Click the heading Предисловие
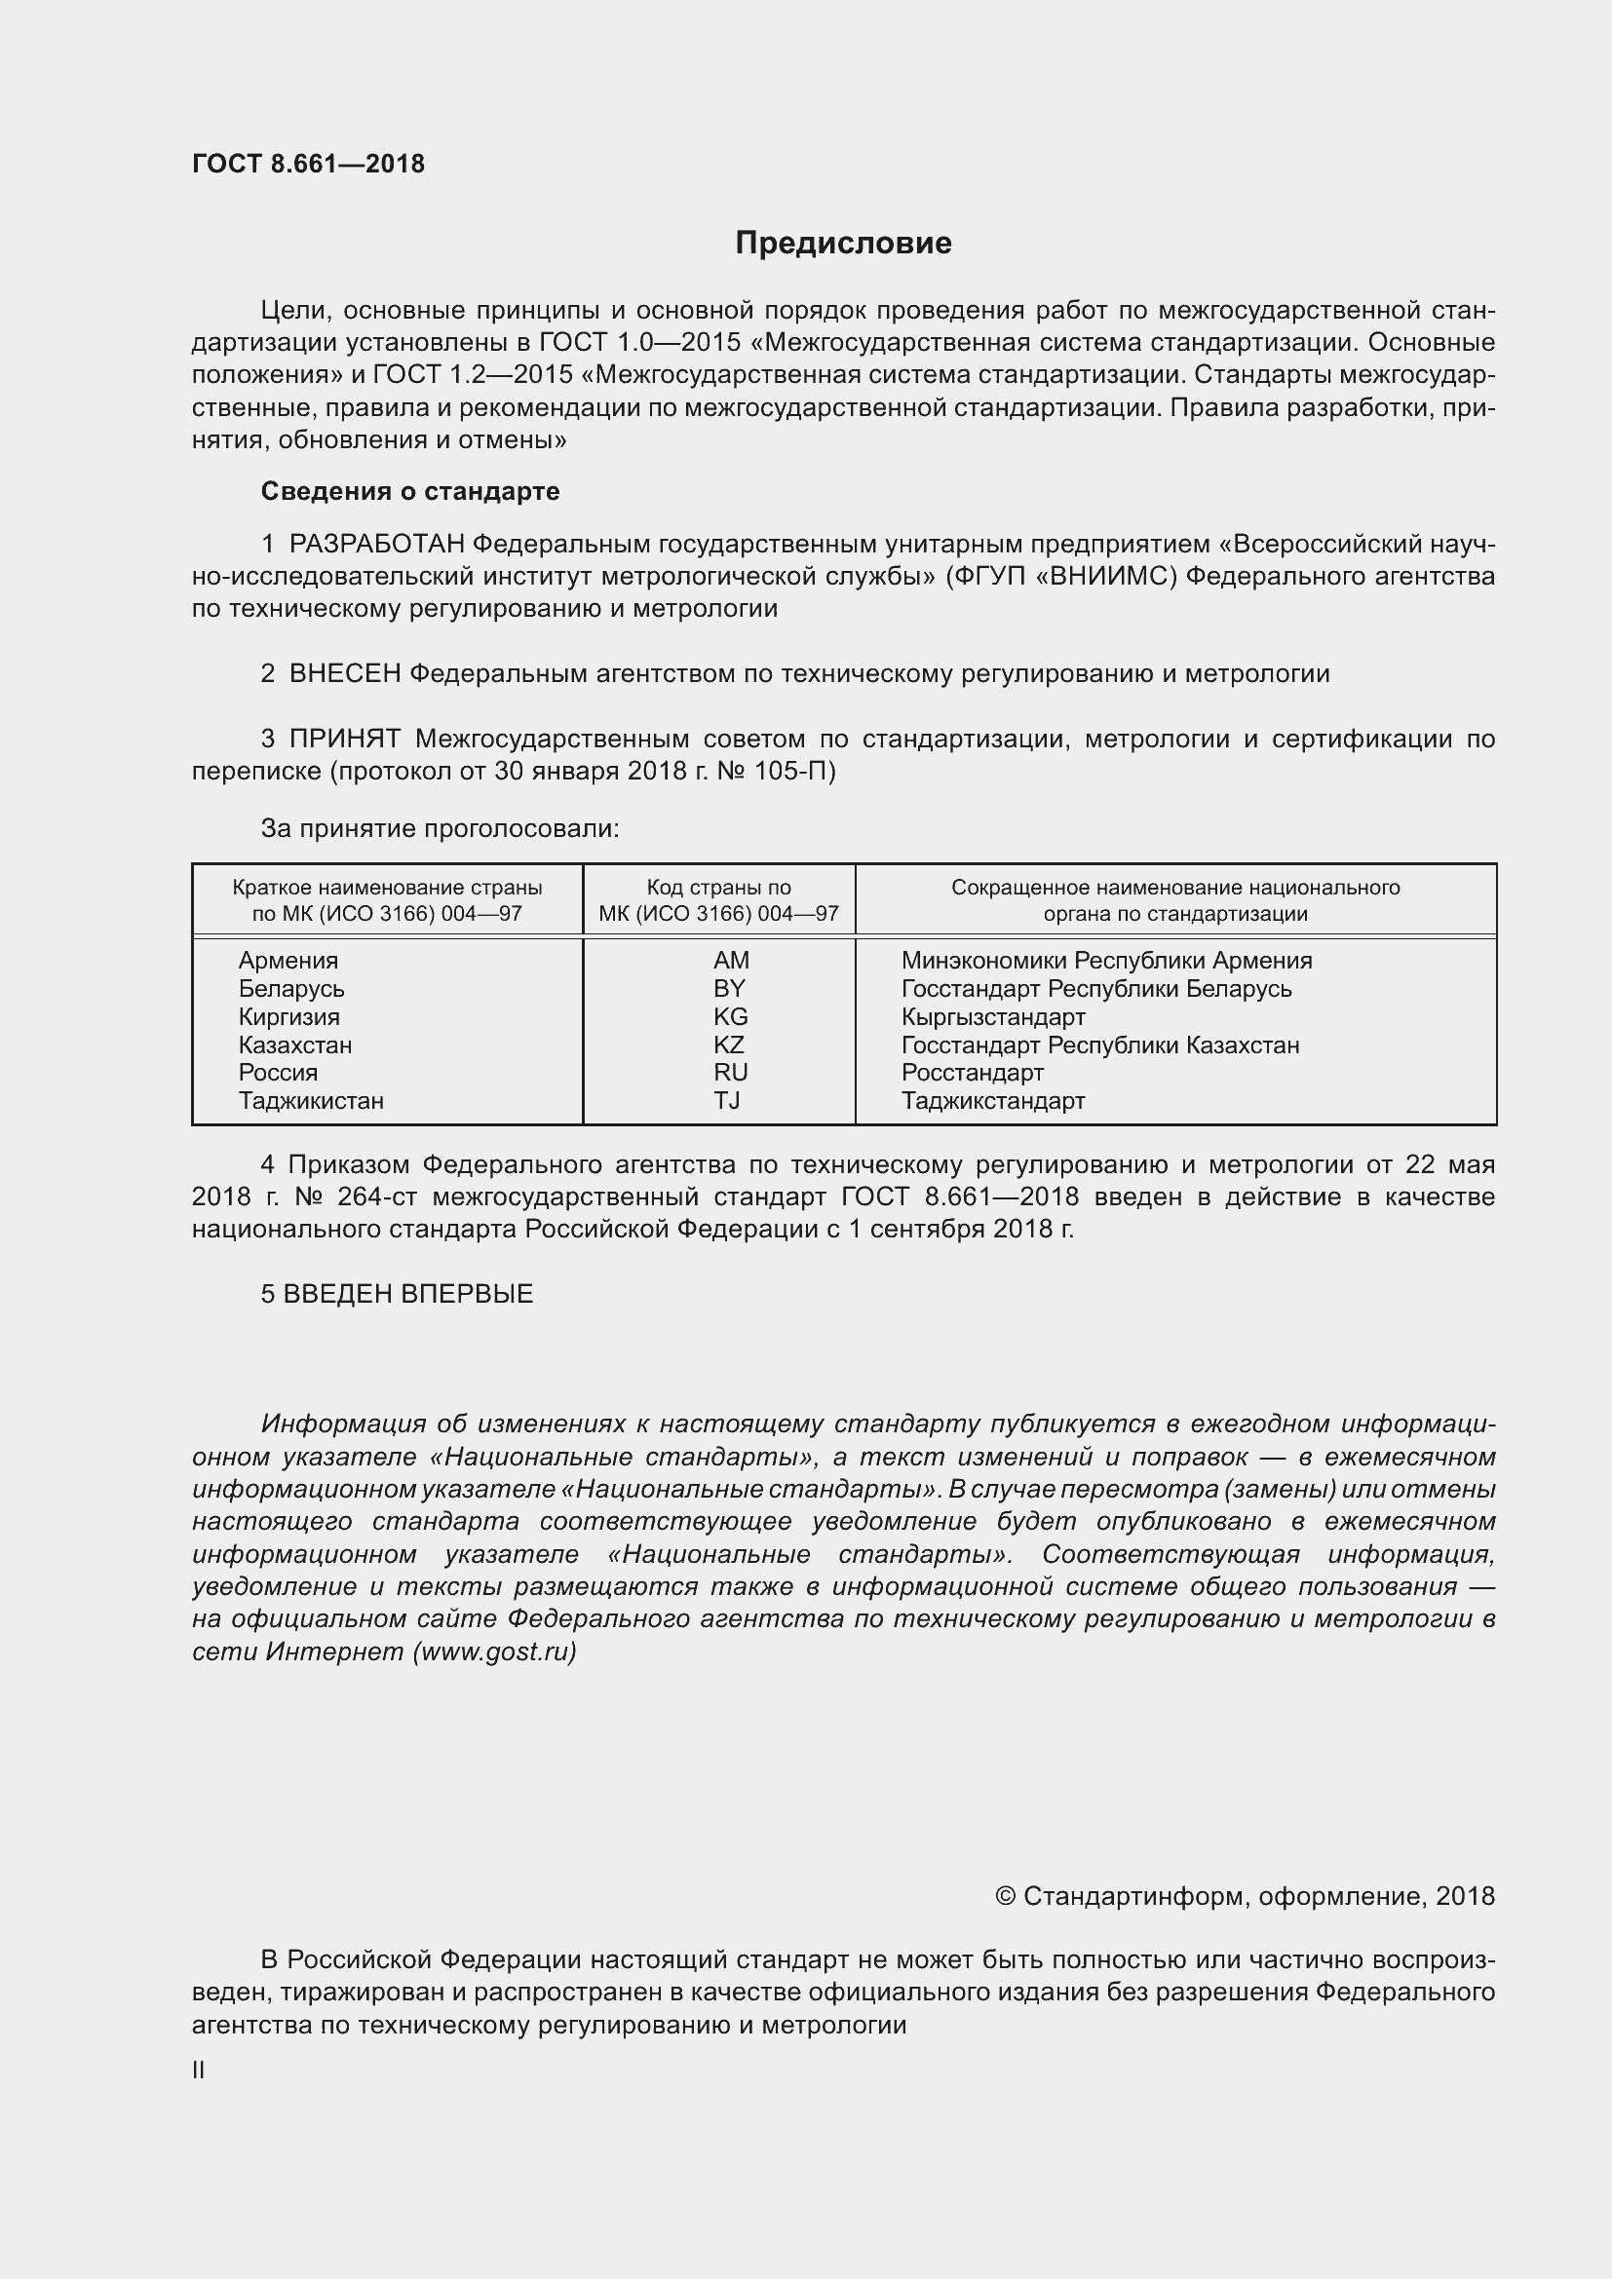[x=843, y=244]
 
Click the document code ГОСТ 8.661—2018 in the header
[x=308, y=164]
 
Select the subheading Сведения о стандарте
[x=410, y=491]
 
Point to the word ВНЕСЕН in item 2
[x=344, y=674]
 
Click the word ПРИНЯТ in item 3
[x=344, y=739]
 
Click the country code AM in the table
[x=731, y=960]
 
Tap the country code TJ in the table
[x=727, y=1100]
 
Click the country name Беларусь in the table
[x=290, y=989]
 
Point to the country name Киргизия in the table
[x=288, y=1016]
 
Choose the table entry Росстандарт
[x=972, y=1072]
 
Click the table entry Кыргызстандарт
[x=992, y=1016]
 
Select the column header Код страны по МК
[x=718, y=889]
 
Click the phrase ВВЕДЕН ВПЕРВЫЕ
[x=408, y=1294]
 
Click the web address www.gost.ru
[x=494, y=1652]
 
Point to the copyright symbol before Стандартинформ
[x=1005, y=1896]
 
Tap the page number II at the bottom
[x=199, y=2070]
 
